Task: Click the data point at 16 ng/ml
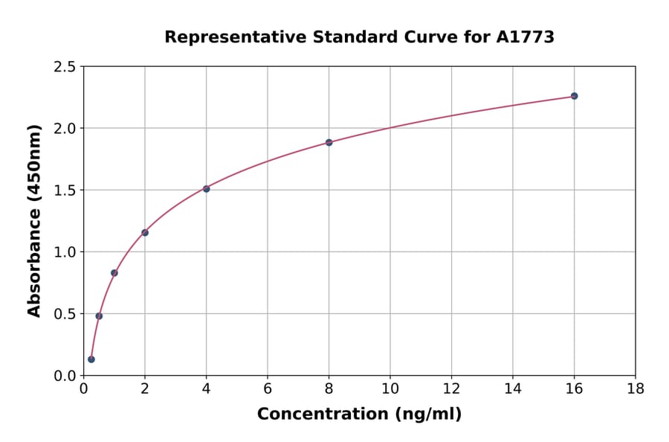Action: [574, 96]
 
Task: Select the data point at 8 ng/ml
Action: [329, 142]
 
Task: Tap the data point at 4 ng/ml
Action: [206, 189]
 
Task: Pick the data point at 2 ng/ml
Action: [145, 233]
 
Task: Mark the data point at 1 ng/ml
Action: [114, 273]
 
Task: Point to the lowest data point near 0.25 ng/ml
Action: [91, 359]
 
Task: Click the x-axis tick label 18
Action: [635, 388]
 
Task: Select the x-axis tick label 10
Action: [390, 388]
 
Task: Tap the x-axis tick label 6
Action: [268, 388]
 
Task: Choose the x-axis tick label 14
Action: [513, 388]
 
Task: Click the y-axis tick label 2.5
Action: [65, 67]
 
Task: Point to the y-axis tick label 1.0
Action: [65, 252]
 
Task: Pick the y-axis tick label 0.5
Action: [65, 314]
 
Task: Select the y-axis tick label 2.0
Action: [65, 129]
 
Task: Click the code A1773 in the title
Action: [525, 37]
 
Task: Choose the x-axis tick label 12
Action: [451, 388]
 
